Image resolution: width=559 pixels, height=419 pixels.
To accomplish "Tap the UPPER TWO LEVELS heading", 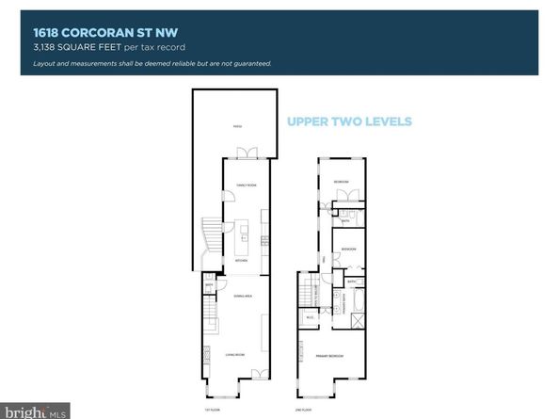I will coord(349,121).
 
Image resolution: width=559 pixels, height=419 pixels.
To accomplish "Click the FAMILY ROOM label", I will coord(246,185).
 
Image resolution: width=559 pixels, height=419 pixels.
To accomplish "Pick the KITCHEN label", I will coord(240,261).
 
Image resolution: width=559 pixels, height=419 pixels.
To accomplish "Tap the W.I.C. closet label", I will coord(309,317).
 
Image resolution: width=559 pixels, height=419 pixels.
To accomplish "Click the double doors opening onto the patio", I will coord(249,153).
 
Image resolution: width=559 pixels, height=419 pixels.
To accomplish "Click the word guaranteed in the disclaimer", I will coord(251,63).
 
